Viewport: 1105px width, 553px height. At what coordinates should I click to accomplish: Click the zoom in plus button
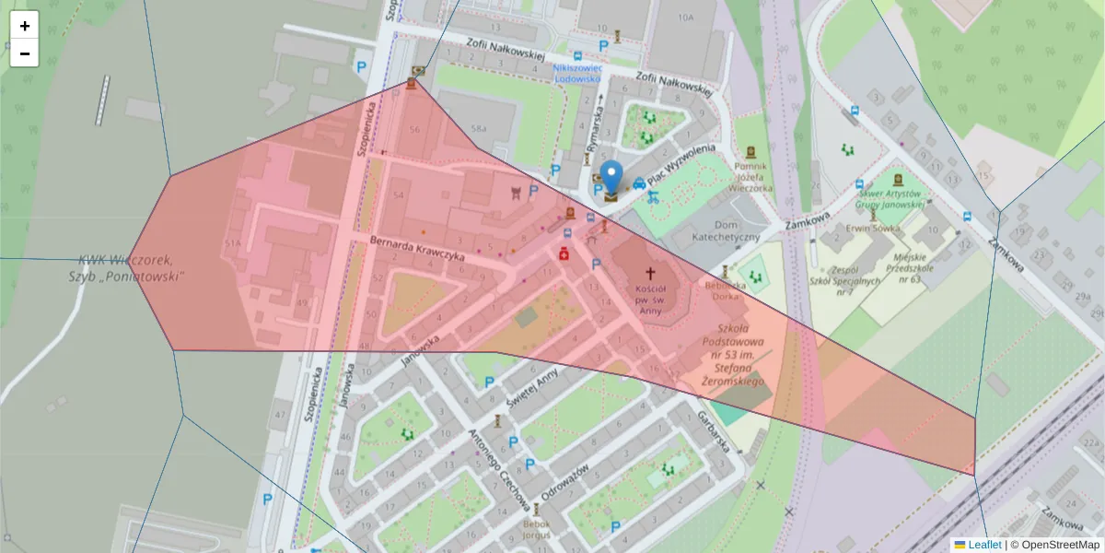[25, 26]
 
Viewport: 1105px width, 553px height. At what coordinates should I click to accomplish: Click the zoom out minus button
[25, 53]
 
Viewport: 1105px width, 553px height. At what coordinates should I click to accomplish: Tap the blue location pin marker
[611, 178]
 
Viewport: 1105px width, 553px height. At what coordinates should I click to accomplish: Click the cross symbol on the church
[650, 274]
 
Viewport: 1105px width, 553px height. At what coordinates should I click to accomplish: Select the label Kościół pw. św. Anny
[649, 299]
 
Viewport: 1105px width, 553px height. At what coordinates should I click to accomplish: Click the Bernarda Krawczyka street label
[416, 250]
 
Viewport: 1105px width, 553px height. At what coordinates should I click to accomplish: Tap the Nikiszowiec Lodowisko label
[577, 73]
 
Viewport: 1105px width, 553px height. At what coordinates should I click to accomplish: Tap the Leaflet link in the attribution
[984, 545]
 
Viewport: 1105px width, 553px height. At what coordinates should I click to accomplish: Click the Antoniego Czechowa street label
[498, 471]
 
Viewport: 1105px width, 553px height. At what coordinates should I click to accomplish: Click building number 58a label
[477, 128]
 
